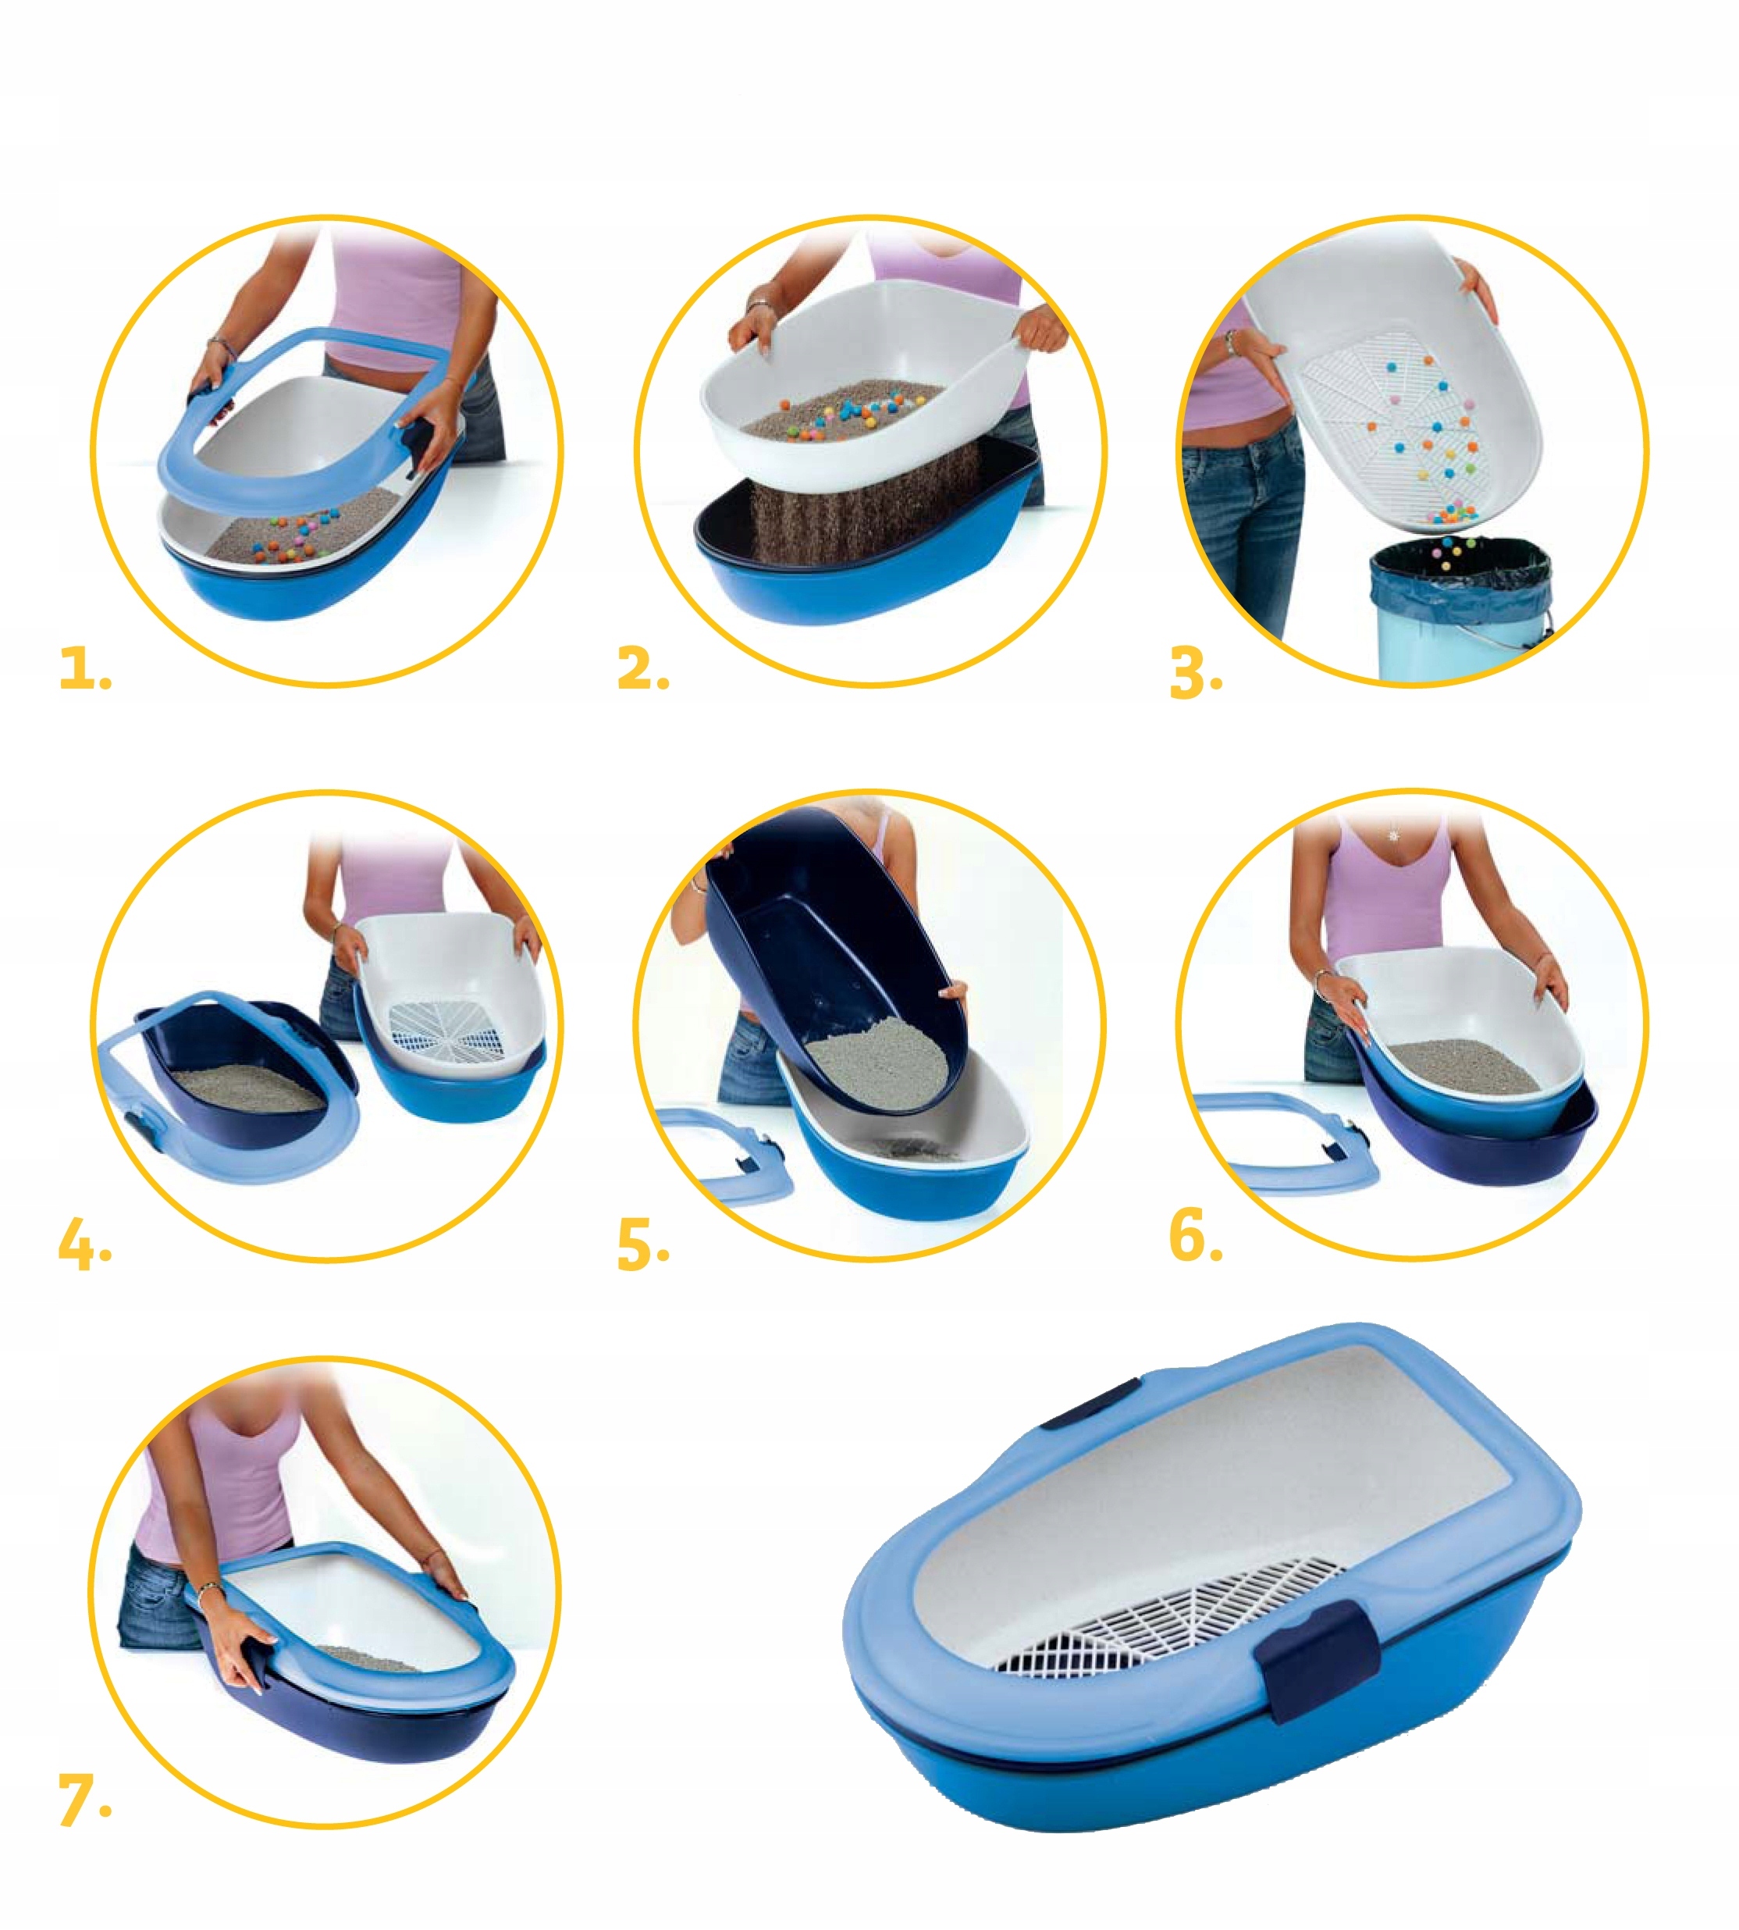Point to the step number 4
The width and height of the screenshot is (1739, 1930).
84,1245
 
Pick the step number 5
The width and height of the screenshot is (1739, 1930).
642,1245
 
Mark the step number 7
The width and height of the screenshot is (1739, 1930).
84,1800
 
